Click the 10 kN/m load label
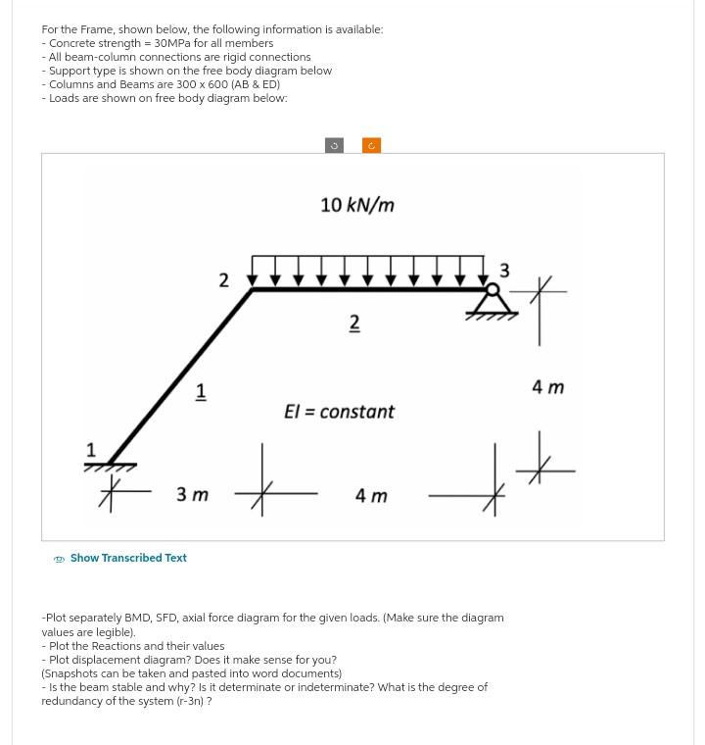357,205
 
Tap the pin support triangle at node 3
493,304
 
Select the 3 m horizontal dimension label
192,495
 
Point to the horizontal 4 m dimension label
371,496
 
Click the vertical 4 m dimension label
548,387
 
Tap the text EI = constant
339,412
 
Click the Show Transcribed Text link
127,558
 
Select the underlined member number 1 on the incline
201,391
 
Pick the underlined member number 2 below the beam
354,323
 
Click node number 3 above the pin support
504,270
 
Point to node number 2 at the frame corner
223,280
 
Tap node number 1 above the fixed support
91,450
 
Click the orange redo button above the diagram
371,145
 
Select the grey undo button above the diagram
333,145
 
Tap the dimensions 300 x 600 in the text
195,84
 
